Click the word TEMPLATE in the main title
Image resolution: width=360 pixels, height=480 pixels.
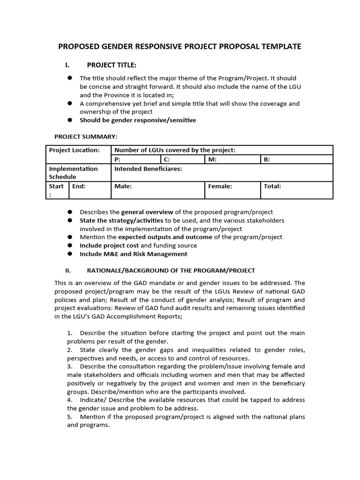[280, 46]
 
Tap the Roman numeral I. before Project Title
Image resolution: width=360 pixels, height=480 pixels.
[67, 65]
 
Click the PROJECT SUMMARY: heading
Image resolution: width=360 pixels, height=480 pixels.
[86, 136]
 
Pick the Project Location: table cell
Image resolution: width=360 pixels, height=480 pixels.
[75, 150]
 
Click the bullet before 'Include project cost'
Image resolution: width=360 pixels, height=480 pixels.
[69, 245]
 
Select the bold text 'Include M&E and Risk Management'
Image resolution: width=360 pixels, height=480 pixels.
[133, 254]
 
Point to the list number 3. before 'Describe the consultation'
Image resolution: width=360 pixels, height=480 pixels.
[69, 366]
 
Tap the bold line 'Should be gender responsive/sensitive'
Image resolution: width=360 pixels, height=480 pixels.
[138, 120]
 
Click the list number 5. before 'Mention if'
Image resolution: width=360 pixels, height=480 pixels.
[69, 417]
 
